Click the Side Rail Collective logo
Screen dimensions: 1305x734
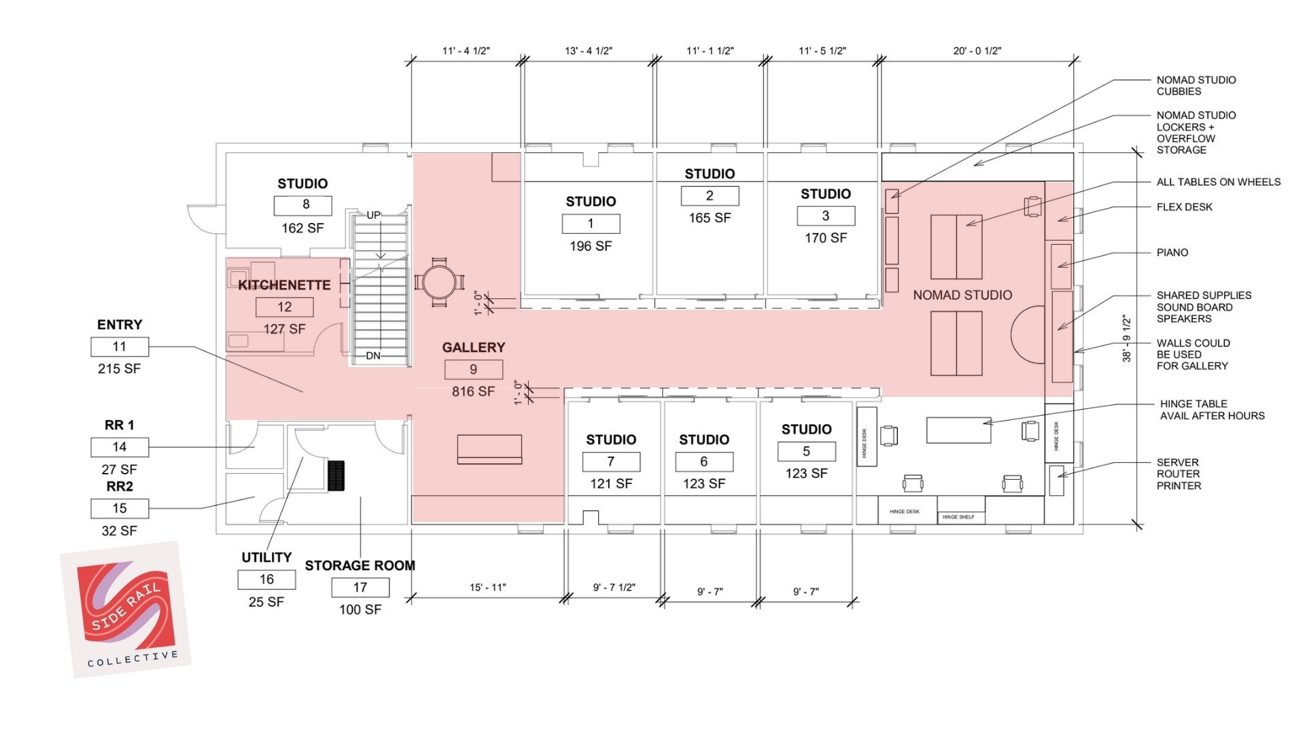pyautogui.click(x=126, y=610)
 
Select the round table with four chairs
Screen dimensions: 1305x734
pyautogui.click(x=440, y=281)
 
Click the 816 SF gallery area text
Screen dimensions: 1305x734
pyautogui.click(x=473, y=391)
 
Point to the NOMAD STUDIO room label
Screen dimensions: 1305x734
pyautogui.click(x=962, y=295)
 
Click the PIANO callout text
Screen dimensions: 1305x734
pyautogui.click(x=1172, y=253)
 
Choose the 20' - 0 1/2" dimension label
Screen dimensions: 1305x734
pyautogui.click(x=977, y=51)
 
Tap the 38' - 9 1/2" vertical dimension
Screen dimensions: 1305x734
pyautogui.click(x=1126, y=338)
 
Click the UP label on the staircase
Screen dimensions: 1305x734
pyautogui.click(x=373, y=215)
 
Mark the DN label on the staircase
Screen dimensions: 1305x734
pyautogui.click(x=373, y=355)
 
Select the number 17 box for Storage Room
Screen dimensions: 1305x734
pyautogui.click(x=360, y=587)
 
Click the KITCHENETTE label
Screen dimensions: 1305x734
pyautogui.click(x=284, y=285)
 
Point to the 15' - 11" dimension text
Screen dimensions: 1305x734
pyautogui.click(x=487, y=587)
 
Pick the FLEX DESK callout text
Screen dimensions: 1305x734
pyautogui.click(x=1184, y=207)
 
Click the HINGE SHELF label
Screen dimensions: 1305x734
pyautogui.click(x=958, y=517)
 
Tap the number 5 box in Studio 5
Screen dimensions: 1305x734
pyautogui.click(x=806, y=451)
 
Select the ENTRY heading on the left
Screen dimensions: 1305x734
pyautogui.click(x=120, y=325)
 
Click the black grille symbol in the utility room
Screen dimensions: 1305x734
pyautogui.click(x=336, y=475)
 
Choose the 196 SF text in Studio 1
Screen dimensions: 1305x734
pyautogui.click(x=591, y=246)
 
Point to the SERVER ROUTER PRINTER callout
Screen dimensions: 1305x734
pyautogui.click(x=1179, y=474)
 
